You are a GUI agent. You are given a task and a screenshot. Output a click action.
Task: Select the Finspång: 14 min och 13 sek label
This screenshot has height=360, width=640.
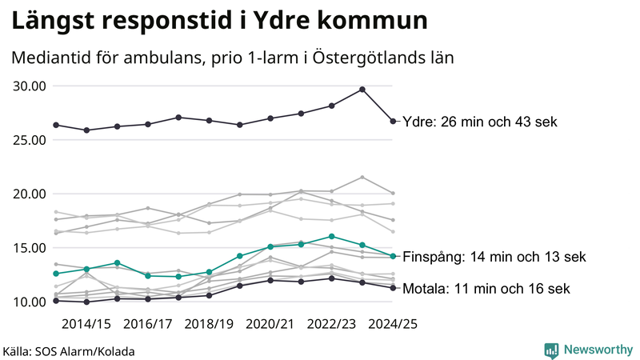pos(494,257)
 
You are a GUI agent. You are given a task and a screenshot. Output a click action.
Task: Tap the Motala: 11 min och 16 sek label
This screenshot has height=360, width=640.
pos(486,289)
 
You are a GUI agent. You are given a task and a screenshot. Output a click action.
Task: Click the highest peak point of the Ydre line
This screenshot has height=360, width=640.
pos(362,90)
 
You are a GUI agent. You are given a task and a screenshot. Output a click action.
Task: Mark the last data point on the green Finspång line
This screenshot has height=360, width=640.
pos(393,256)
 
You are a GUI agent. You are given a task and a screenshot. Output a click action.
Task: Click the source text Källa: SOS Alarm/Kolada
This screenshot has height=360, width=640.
pos(69,351)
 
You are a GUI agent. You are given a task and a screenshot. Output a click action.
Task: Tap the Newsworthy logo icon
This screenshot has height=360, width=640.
pos(551,350)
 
